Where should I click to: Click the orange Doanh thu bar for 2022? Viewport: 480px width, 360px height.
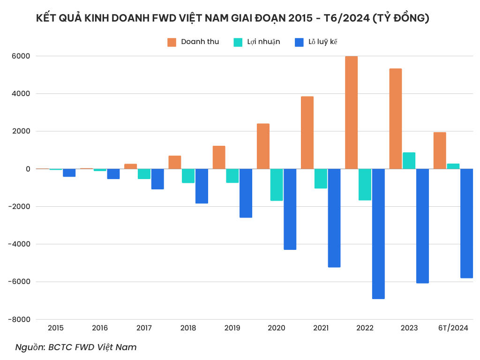coord(352,112)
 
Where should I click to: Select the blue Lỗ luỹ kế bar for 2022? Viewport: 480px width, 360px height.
coord(378,233)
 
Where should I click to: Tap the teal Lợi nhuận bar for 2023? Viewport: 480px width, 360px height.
coord(409,160)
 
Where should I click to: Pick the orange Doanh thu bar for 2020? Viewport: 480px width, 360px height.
coord(263,146)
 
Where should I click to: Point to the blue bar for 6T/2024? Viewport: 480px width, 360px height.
coord(467,223)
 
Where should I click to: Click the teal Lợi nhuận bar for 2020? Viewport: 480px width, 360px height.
coord(277,185)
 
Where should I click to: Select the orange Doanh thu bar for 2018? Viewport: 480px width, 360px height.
coord(175,162)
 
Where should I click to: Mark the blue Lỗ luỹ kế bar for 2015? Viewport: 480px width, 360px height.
coord(69,172)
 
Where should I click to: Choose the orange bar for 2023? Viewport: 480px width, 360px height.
coord(396,119)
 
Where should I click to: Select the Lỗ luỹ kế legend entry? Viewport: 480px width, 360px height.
coord(316,42)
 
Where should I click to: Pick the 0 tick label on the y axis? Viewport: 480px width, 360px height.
coord(28,169)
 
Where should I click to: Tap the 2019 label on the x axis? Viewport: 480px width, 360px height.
coord(232,328)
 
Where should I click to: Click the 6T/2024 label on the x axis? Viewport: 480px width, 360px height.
coord(453,328)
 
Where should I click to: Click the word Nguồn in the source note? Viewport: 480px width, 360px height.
coord(30,347)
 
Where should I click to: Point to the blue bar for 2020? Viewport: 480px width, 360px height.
coord(290,209)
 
